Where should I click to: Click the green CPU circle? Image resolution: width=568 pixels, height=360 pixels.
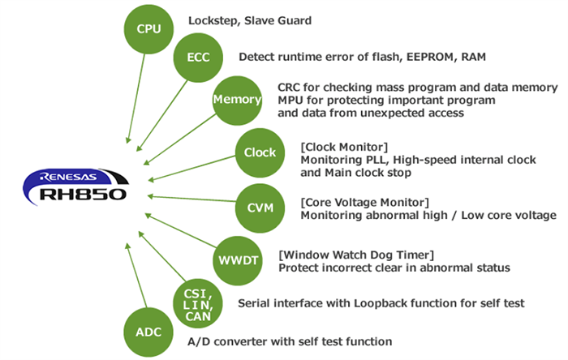click(148, 29)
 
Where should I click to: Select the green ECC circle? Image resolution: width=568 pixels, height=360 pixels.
click(199, 58)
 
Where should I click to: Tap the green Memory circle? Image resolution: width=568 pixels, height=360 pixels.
click(237, 100)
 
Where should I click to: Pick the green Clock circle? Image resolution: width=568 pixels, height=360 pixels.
click(260, 152)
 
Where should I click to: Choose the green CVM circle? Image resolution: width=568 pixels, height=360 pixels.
click(260, 208)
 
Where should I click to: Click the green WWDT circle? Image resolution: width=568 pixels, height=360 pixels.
click(236, 260)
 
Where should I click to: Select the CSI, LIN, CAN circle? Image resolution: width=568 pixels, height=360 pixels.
click(199, 303)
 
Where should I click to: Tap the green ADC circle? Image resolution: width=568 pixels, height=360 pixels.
click(148, 332)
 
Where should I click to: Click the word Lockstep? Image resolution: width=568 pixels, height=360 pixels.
click(213, 20)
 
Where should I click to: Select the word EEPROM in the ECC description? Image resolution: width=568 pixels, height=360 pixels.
click(425, 57)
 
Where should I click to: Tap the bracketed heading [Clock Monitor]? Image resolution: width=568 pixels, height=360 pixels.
click(344, 146)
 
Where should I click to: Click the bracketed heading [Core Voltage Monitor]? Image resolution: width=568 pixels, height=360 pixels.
click(364, 201)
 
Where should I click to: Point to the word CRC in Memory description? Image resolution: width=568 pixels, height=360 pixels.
click(290, 87)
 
